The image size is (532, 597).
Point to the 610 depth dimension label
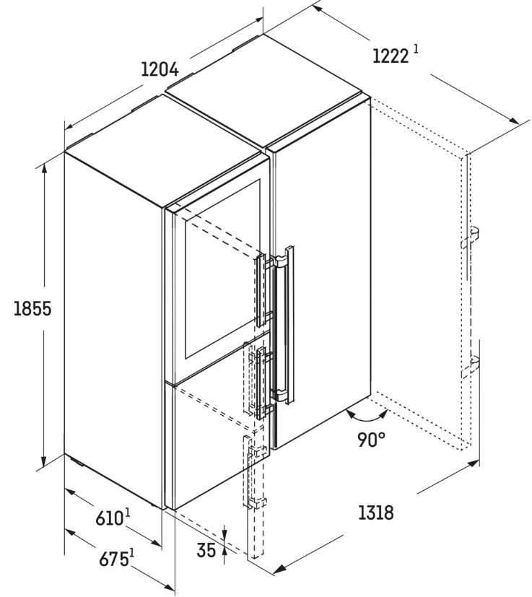[110, 518]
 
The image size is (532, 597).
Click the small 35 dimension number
[206, 550]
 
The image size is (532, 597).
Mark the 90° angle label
[370, 440]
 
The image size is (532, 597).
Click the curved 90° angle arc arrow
[367, 418]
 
